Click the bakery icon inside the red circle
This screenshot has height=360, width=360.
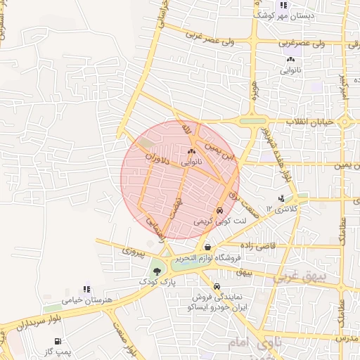[191, 150]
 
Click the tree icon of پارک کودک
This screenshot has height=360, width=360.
[156, 269]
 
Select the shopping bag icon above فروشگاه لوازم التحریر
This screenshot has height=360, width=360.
[207, 247]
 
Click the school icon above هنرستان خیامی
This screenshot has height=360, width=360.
[86, 288]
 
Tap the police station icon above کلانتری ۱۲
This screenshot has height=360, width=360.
[281, 198]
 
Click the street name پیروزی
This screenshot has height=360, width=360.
[134, 250]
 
